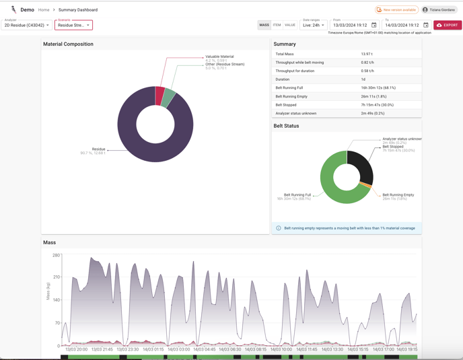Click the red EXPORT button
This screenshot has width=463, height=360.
pyautogui.click(x=448, y=25)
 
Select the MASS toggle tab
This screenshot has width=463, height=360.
pyautogui.click(x=264, y=25)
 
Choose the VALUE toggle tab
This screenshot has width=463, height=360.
pyautogui.click(x=290, y=25)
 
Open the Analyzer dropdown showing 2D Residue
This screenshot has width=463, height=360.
pyautogui.click(x=27, y=25)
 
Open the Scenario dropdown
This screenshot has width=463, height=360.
pyautogui.click(x=73, y=25)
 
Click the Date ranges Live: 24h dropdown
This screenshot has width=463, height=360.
pyautogui.click(x=314, y=25)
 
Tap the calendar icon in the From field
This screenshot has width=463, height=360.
pyautogui.click(x=374, y=26)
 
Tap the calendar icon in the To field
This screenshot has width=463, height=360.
pyautogui.click(x=426, y=26)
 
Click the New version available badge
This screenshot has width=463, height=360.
pyautogui.click(x=396, y=10)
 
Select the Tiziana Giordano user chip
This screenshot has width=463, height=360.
pyautogui.click(x=439, y=10)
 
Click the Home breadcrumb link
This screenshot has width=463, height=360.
pyautogui.click(x=44, y=10)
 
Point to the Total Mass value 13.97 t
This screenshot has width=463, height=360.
pyautogui.click(x=367, y=54)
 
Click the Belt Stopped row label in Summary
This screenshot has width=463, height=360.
pyautogui.click(x=286, y=105)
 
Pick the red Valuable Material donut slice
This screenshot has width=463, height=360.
pyautogui.click(x=160, y=96)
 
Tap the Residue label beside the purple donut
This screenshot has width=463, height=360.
pyautogui.click(x=98, y=149)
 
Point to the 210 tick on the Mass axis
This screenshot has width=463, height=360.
pyautogui.click(x=57, y=277)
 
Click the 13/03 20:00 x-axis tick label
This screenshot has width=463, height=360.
pyautogui.click(x=76, y=349)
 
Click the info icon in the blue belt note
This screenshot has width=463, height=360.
pyautogui.click(x=279, y=228)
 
